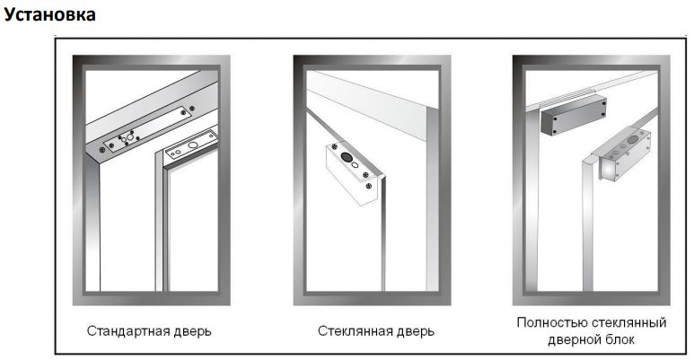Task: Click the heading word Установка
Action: click(49, 14)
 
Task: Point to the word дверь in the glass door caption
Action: click(409, 331)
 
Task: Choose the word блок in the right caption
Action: click(619, 339)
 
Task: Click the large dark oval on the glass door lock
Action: click(347, 157)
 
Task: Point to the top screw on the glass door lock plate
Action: click(335, 146)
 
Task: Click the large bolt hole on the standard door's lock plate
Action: click(193, 145)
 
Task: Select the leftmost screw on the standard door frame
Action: click(102, 150)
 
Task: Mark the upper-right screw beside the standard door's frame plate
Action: click(191, 108)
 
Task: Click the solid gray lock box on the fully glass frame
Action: click(574, 115)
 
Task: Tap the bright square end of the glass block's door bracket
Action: click(607, 170)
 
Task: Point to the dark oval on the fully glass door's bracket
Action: click(634, 139)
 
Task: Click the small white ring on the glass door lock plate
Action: click(355, 165)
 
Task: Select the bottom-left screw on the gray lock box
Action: click(542, 131)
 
